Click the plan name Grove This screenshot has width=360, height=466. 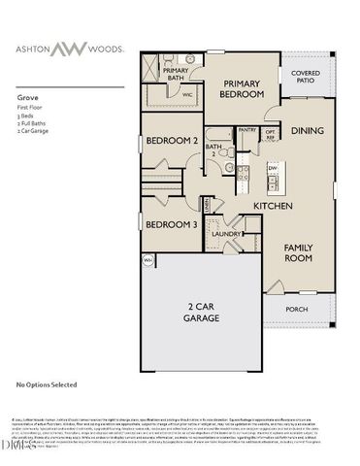pyautogui.click(x=28, y=98)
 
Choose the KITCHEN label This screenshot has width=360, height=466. pyautogui.click(x=273, y=206)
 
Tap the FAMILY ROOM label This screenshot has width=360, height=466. pyautogui.click(x=299, y=253)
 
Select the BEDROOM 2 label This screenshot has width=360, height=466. pyautogui.click(x=172, y=141)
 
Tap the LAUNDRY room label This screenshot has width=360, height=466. pyautogui.click(x=226, y=234)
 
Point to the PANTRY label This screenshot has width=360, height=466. pyautogui.click(x=247, y=129)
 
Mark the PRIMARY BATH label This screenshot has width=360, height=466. pyautogui.click(x=176, y=74)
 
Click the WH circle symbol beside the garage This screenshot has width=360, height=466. pyautogui.click(x=148, y=260)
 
